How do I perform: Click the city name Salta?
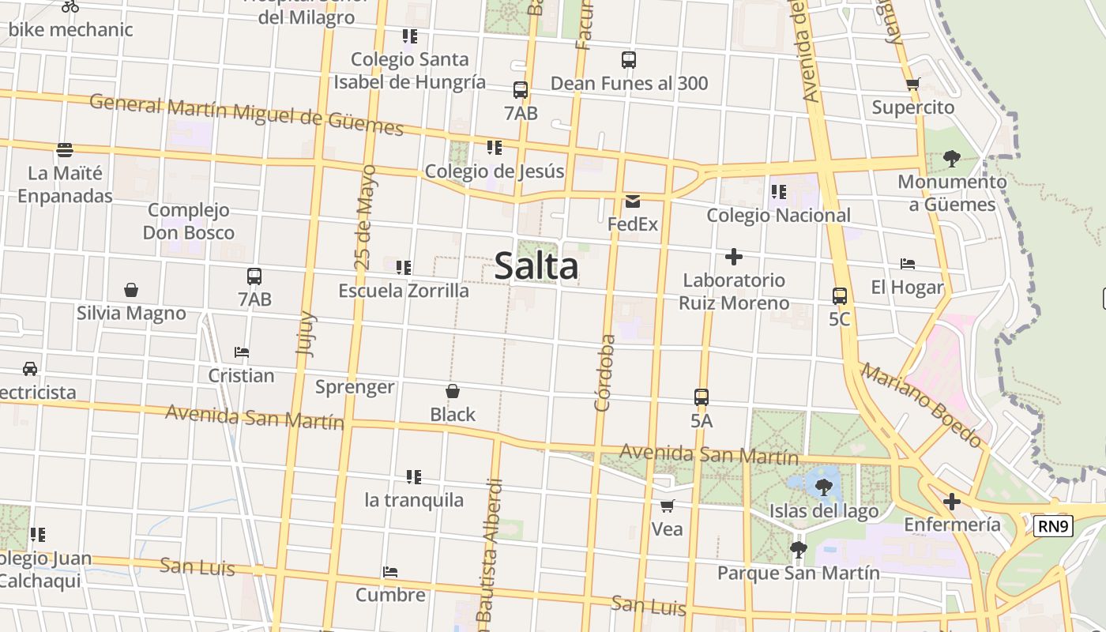[x=536, y=266]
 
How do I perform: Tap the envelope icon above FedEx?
[x=633, y=201]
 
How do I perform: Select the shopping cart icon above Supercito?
[x=913, y=85]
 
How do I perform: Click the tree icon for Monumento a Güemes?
[x=951, y=159]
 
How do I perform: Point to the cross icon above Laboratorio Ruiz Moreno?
[x=734, y=257]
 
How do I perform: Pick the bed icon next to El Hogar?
[x=908, y=264]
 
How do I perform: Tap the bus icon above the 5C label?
[x=840, y=296]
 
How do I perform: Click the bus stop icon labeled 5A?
[x=702, y=397]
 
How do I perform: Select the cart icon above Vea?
[x=668, y=506]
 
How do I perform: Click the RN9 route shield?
[x=1054, y=526]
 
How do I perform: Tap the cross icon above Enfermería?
[x=952, y=501]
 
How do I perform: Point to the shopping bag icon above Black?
[x=453, y=391]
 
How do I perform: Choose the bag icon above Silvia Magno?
[x=131, y=290]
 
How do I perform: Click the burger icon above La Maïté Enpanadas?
[x=65, y=149]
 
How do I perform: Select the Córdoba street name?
[x=604, y=373]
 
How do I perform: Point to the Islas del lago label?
[x=824, y=511]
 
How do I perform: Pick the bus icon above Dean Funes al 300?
[x=629, y=60]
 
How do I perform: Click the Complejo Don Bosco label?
[x=189, y=221]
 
